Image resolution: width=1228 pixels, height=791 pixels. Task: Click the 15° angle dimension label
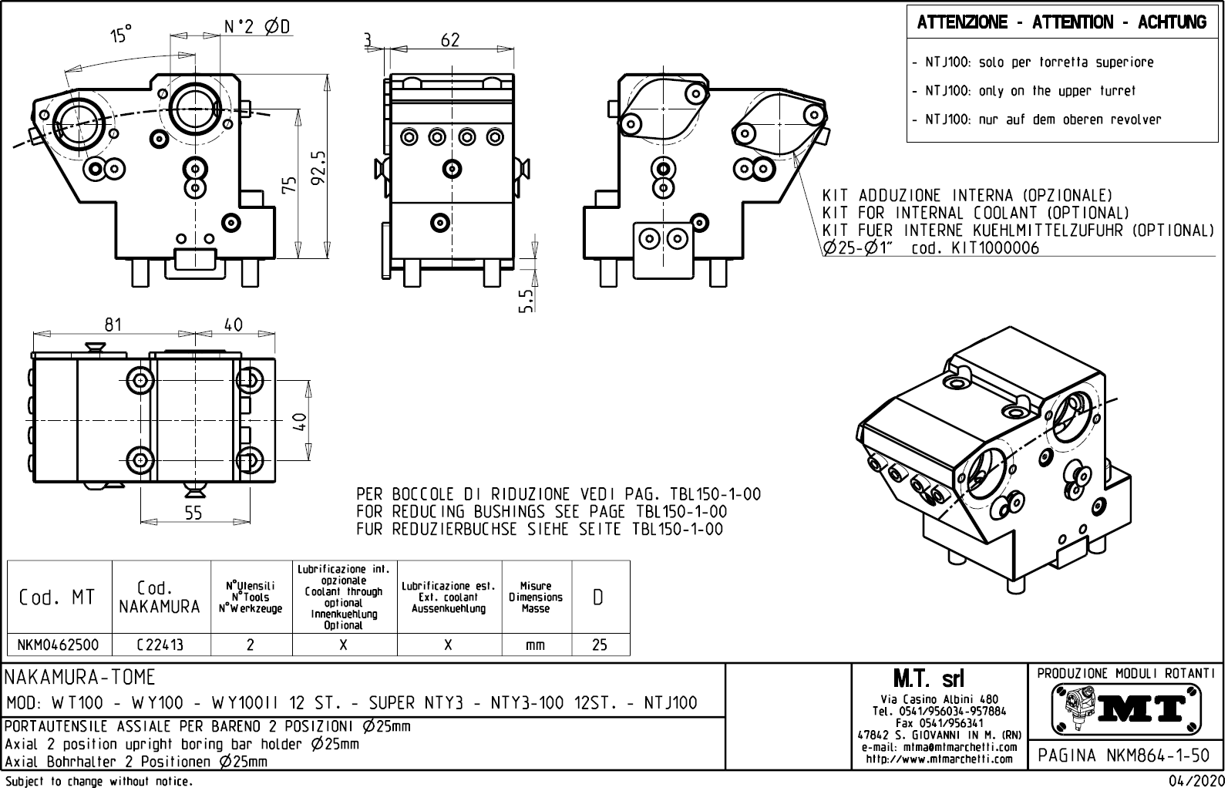pyautogui.click(x=121, y=35)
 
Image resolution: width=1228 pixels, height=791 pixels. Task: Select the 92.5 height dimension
pyautogui.click(x=318, y=167)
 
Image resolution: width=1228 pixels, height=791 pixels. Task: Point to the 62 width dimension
pyautogui.click(x=450, y=40)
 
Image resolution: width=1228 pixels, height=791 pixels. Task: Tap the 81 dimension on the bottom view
pyautogui.click(x=113, y=325)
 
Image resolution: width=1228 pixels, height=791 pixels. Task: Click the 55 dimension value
pyautogui.click(x=193, y=513)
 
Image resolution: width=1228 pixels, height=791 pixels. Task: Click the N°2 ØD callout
pyautogui.click(x=257, y=27)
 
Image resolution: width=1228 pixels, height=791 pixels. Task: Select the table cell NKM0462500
pyautogui.click(x=59, y=645)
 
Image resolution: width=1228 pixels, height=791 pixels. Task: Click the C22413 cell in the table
pyautogui.click(x=160, y=645)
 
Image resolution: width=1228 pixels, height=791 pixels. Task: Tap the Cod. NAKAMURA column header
pyautogui.click(x=160, y=597)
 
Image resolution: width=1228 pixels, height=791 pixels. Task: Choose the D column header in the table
pyautogui.click(x=598, y=597)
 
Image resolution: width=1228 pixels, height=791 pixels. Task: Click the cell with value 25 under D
pyautogui.click(x=599, y=645)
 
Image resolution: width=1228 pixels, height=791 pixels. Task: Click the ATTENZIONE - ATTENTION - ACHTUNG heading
pyautogui.click(x=1061, y=22)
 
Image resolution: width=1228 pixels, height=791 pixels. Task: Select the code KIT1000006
pyautogui.click(x=995, y=248)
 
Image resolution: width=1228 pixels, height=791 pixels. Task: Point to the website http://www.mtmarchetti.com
pyautogui.click(x=939, y=759)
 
